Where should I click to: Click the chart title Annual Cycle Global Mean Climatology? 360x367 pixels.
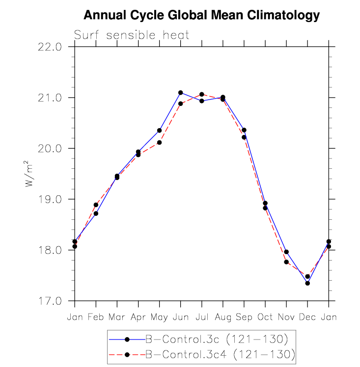(x=201, y=15)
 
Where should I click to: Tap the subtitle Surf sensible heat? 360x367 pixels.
(x=131, y=35)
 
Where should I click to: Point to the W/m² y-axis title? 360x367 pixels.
(x=29, y=174)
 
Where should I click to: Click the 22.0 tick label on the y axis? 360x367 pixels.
(x=52, y=47)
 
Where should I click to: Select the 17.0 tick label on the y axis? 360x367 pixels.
(x=52, y=301)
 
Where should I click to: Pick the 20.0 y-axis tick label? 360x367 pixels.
(x=52, y=149)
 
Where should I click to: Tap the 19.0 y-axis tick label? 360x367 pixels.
(x=52, y=199)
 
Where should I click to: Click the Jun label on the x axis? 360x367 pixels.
(x=180, y=317)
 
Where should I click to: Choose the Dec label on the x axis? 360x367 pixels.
(x=307, y=317)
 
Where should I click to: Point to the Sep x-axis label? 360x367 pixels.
(x=244, y=317)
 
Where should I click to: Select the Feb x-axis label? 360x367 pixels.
(x=96, y=317)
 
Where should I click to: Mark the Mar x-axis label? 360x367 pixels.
(x=117, y=317)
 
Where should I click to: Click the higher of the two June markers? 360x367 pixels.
(x=180, y=93)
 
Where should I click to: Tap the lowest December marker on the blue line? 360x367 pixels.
(x=307, y=283)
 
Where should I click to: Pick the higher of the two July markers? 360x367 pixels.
(x=202, y=94)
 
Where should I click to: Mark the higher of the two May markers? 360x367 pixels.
(x=159, y=131)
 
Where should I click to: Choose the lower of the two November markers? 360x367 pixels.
(x=286, y=262)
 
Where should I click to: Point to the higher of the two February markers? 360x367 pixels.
(x=96, y=205)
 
